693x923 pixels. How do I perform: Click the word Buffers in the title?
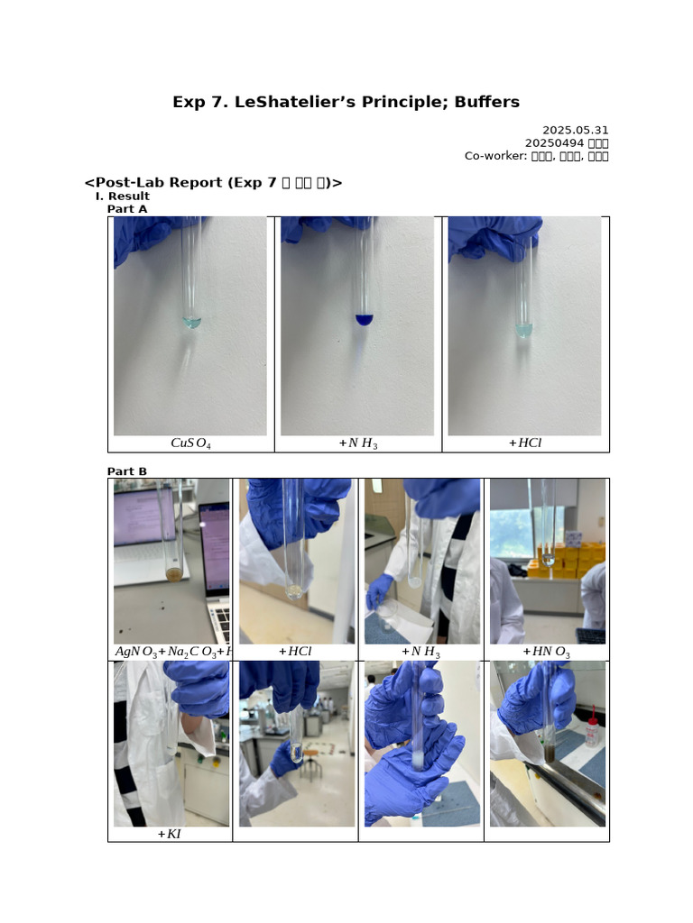[481, 102]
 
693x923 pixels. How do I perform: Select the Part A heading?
[126, 209]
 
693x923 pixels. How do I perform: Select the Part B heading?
[126, 471]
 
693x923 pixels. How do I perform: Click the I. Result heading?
[122, 196]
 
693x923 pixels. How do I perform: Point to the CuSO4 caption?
[190, 443]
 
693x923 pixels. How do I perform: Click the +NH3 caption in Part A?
[357, 443]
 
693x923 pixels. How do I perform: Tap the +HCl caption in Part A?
[525, 443]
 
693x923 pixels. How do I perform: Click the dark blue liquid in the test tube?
[364, 319]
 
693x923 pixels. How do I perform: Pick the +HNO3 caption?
[546, 652]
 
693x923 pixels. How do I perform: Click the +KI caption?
[169, 834]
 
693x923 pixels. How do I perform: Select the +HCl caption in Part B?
[294, 652]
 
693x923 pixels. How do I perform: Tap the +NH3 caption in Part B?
[420, 652]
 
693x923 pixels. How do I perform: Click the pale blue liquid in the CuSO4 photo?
[191, 322]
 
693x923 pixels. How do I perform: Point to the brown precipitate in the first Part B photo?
[173, 574]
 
